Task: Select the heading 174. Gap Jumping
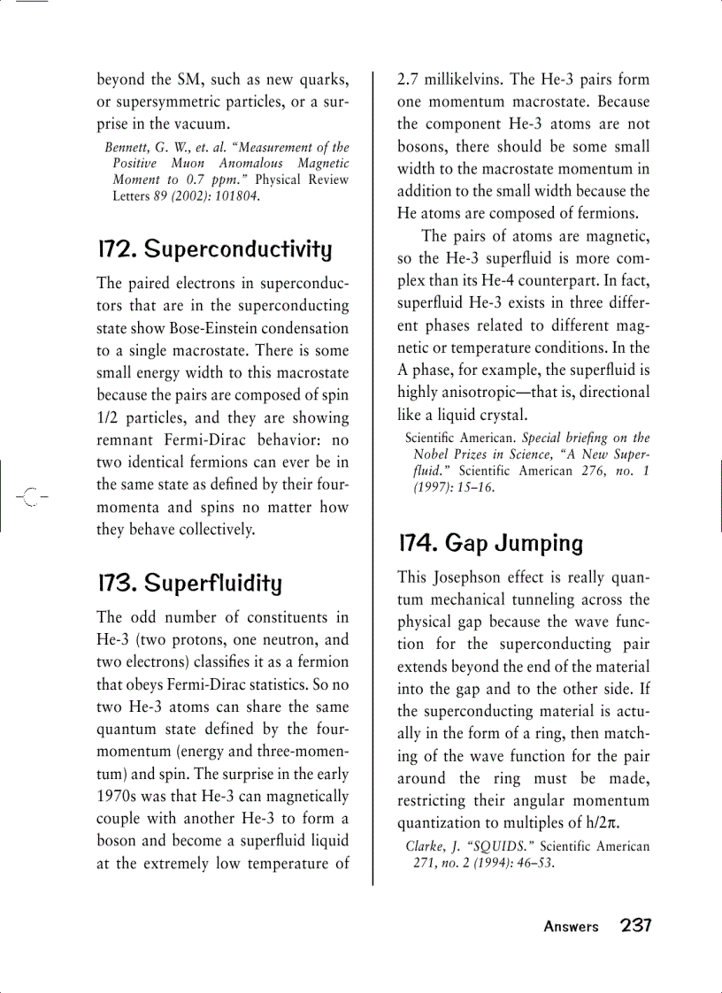(x=490, y=543)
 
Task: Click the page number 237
(x=635, y=926)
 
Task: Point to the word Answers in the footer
(x=571, y=927)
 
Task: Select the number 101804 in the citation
(x=236, y=195)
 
